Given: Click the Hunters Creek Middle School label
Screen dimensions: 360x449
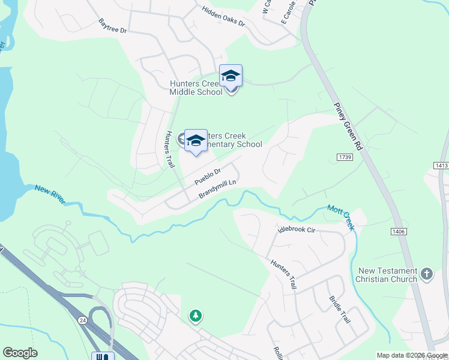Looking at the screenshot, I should click(196, 88).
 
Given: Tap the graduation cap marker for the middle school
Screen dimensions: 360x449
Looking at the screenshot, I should click(231, 76).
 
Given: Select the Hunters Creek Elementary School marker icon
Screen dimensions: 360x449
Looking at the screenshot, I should click(196, 142).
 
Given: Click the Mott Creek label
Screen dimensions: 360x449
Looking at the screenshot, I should click(341, 216).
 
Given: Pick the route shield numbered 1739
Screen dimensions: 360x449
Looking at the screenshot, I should click(344, 157).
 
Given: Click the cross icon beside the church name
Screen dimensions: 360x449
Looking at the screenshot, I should click(427, 274).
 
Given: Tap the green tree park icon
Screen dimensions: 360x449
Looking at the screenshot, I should click(195, 315).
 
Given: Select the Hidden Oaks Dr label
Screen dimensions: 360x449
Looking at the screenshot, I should click(223, 16).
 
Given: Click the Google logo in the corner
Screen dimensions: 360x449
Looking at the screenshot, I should click(20, 353).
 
